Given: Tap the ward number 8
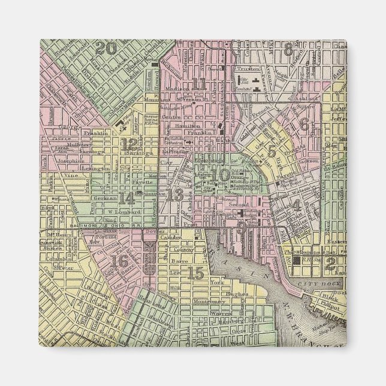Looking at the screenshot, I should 289,50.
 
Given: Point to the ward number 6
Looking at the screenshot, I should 304,125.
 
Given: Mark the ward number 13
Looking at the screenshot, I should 176,195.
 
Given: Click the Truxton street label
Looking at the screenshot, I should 246,70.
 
